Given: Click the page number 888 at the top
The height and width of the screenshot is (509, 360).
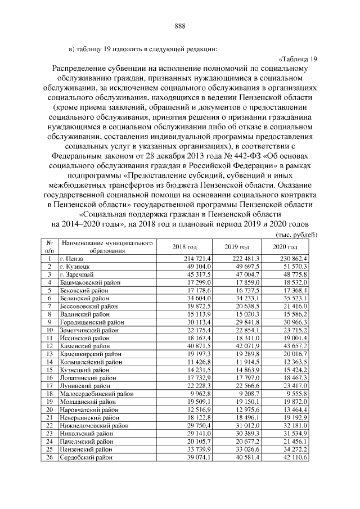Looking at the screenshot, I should [180, 26].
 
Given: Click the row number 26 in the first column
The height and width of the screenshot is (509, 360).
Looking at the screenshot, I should [50, 458].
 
